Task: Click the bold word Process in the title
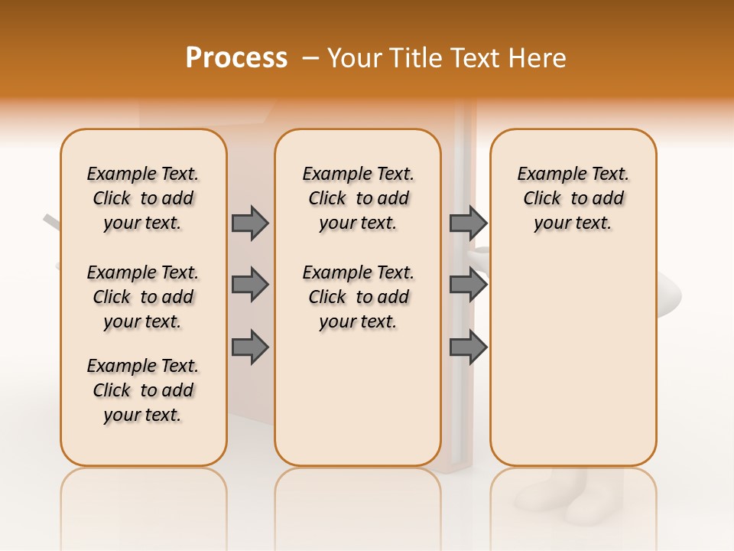click(x=236, y=58)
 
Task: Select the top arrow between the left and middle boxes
click(x=250, y=223)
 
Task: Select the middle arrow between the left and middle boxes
click(x=250, y=285)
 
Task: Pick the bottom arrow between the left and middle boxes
click(x=250, y=348)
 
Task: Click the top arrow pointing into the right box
click(x=468, y=223)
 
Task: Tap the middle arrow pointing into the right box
click(x=468, y=285)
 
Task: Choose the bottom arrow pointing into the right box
click(x=468, y=348)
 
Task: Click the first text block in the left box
click(x=143, y=198)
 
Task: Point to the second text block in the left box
click(x=143, y=297)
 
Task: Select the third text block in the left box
click(x=143, y=390)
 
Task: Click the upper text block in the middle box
click(x=358, y=198)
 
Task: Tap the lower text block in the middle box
click(x=358, y=297)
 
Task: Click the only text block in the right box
click(x=573, y=198)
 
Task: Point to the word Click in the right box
click(x=542, y=199)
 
